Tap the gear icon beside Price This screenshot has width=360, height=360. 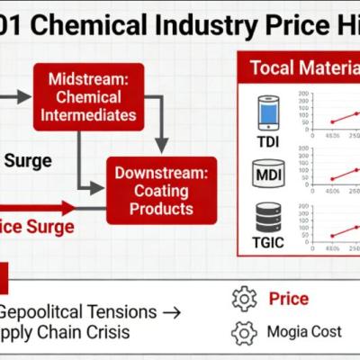click(244, 299)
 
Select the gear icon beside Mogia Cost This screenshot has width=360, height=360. click(244, 332)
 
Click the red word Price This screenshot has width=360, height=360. click(289, 299)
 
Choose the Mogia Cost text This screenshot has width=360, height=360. click(304, 332)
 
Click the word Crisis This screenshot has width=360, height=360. click(106, 332)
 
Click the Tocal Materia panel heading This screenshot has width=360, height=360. click(303, 67)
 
